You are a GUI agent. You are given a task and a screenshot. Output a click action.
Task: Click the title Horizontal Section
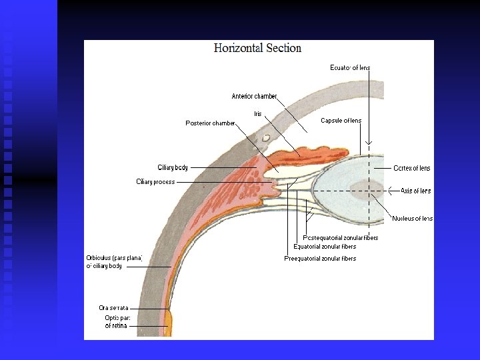click(x=257, y=48)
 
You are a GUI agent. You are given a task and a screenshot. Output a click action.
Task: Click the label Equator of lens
click(x=350, y=67)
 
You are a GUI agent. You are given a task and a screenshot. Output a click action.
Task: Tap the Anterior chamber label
click(x=254, y=97)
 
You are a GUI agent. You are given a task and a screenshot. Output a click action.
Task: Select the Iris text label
click(x=258, y=114)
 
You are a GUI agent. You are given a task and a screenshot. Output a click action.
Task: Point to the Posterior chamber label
click(x=210, y=123)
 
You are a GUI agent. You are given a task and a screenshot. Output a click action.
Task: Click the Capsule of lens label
click(x=341, y=121)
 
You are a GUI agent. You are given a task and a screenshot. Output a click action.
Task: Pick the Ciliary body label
click(x=173, y=167)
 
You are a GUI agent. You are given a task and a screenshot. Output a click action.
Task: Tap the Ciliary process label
click(x=155, y=181)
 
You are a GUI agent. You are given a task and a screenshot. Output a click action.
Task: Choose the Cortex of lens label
click(x=411, y=168)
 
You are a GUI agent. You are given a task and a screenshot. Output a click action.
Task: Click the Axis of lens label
click(x=415, y=191)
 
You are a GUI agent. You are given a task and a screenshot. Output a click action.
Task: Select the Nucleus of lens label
click(x=412, y=219)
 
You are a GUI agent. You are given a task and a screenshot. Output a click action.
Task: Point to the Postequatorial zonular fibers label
click(x=340, y=237)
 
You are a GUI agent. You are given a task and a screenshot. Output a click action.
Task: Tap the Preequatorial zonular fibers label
click(x=320, y=259)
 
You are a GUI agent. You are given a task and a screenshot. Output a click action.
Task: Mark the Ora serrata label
click(x=113, y=308)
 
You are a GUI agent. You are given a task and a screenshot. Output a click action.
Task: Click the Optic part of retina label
click(x=115, y=322)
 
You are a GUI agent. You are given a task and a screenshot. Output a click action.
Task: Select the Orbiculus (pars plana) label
click(x=113, y=262)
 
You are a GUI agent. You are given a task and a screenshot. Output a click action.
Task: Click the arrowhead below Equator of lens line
click(x=369, y=143)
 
